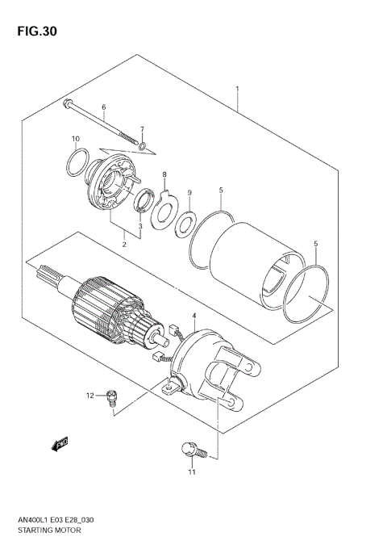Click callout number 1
[237, 88]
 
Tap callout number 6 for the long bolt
[103, 107]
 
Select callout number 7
[141, 129]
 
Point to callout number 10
[76, 138]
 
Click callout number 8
[164, 174]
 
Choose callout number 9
[189, 192]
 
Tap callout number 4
[193, 314]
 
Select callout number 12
[91, 395]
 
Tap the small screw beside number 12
[111, 396]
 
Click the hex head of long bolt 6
[67, 103]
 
